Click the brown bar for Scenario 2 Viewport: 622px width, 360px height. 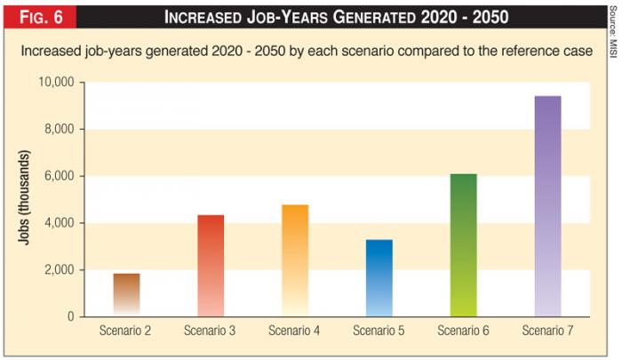126,294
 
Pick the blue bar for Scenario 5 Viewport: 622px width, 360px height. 379,278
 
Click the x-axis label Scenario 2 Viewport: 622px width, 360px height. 126,332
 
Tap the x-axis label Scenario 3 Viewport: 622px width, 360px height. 211,332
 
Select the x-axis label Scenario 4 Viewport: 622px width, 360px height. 295,332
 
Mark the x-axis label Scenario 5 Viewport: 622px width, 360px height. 379,332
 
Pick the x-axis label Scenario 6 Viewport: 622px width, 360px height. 463,332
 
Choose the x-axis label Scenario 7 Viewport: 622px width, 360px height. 546,332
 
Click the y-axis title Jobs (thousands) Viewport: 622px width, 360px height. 28,200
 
